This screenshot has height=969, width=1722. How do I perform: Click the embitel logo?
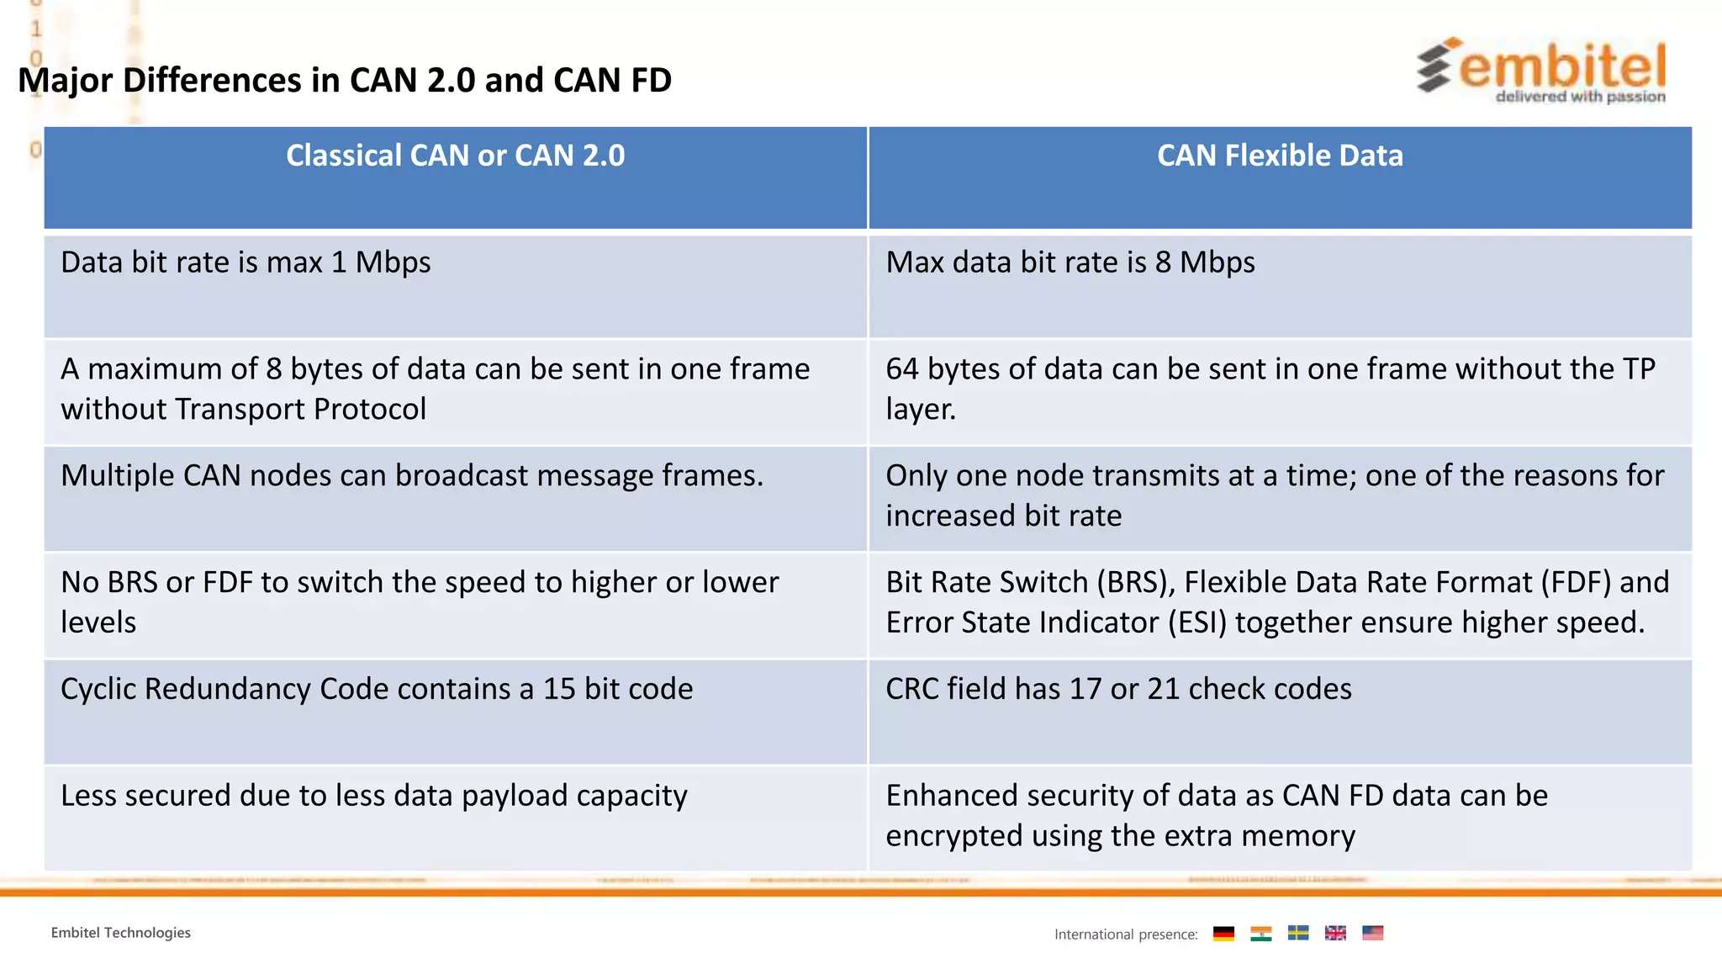click(1540, 71)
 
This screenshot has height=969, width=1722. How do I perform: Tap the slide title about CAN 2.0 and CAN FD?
click(345, 81)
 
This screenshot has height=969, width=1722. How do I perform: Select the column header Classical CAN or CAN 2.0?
click(455, 156)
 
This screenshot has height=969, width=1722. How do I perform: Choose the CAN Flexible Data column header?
click(1280, 156)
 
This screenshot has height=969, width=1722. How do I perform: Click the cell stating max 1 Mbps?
click(246, 262)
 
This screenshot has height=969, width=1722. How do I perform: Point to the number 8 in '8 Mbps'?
click(1163, 262)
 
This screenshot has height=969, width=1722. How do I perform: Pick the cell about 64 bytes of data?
click(1270, 389)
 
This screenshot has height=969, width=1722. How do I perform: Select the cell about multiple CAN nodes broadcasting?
click(412, 476)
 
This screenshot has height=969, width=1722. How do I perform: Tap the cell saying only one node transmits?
click(1274, 495)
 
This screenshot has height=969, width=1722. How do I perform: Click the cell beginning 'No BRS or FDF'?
click(420, 602)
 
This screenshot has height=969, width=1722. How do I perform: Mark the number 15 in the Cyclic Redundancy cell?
click(559, 689)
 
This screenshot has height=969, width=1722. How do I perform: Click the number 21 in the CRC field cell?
click(1163, 689)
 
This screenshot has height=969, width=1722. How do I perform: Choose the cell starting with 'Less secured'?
click(374, 796)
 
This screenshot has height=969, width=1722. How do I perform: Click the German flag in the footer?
click(1223, 933)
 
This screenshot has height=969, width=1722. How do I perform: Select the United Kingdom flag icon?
click(1335, 933)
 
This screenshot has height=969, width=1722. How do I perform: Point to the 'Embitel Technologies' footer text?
click(121, 933)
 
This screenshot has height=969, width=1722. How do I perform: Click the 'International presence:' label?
click(1126, 935)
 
